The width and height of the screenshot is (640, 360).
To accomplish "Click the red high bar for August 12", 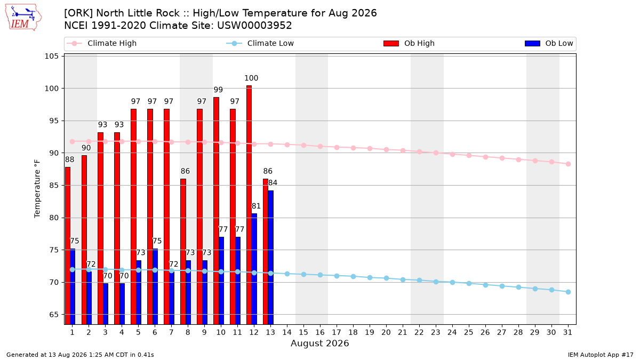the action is pos(249,205).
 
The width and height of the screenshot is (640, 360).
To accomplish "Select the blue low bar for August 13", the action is pos(270,258).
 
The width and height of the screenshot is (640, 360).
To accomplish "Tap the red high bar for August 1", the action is pos(67,246).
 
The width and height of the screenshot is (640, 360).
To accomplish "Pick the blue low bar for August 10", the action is pos(221,281).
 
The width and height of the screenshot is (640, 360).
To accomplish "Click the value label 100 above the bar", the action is pos(251,78).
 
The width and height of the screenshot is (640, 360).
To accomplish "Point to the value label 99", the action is pos(218,90).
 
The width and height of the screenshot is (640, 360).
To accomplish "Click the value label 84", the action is pos(273,182).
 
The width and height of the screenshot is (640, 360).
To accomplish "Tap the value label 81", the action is pos(256,206).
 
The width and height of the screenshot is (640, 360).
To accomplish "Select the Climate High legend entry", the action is pos(101,43).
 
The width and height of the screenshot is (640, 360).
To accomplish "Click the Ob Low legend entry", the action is pos(549,43).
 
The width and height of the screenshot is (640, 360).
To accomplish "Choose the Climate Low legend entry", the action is pos(260,43).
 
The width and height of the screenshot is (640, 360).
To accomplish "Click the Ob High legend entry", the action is pos(409,43).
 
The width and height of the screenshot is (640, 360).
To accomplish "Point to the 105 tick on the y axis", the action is pos(51,56).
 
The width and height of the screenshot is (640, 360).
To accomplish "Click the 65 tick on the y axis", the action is pos(54,315).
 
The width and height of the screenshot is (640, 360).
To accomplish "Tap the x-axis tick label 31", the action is pos(567,332).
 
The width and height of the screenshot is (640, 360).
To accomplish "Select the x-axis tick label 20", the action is pos(386,332).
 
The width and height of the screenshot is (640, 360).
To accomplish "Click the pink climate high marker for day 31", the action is pos(569,164).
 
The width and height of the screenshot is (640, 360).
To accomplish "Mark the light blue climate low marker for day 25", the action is pos(469,283).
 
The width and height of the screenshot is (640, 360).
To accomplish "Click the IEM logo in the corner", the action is pos(23,18).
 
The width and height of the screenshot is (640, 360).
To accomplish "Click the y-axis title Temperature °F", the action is pos(37,189).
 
